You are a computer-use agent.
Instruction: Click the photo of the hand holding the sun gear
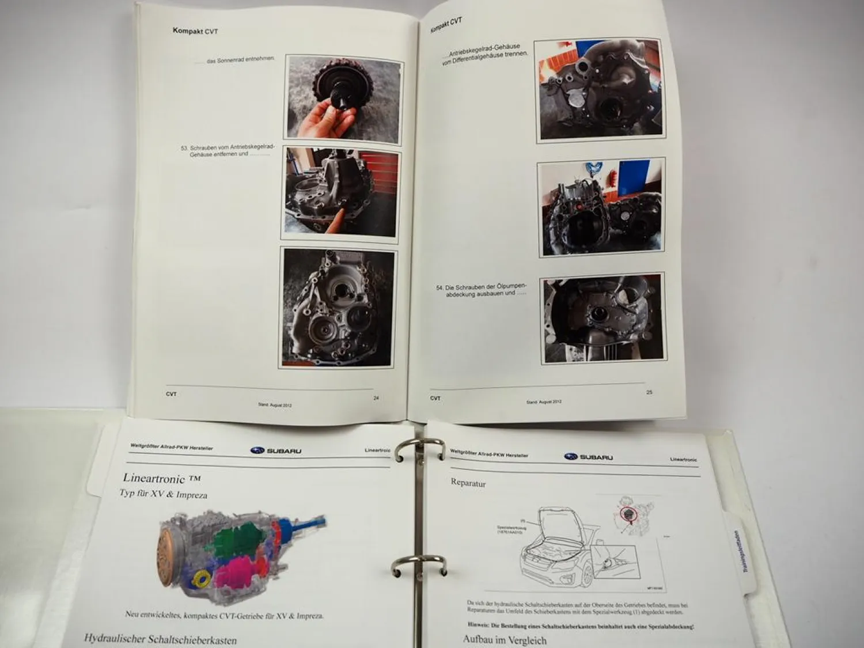click(343, 99)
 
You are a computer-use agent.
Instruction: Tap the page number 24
click(376, 397)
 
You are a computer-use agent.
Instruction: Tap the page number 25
click(649, 392)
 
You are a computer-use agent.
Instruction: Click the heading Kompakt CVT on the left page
click(195, 31)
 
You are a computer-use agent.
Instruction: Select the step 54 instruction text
click(484, 290)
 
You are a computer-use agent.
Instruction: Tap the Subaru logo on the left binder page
click(276, 450)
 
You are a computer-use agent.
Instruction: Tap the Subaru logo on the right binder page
click(588, 457)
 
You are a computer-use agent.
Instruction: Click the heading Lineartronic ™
click(161, 478)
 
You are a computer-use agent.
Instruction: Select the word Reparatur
click(468, 483)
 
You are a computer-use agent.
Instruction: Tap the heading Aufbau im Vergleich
click(504, 639)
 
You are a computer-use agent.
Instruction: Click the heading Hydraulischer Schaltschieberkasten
click(160, 638)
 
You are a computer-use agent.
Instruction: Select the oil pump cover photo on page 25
click(602, 319)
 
